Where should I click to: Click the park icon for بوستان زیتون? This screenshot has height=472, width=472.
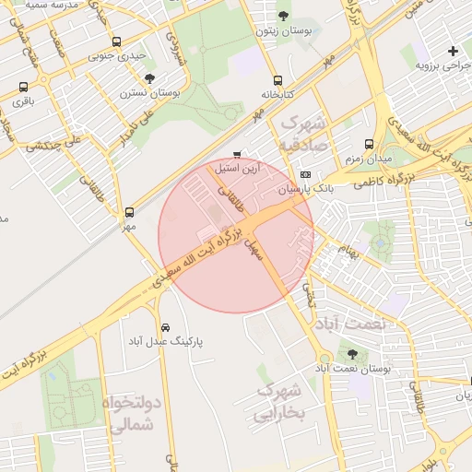click(x=283, y=16)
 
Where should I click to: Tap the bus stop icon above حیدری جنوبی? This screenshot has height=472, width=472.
click(x=116, y=42)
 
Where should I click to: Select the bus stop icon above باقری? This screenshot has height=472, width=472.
click(x=23, y=87)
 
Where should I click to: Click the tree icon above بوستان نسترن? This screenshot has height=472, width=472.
click(x=149, y=79)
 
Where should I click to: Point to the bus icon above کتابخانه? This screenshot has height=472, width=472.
click(x=278, y=79)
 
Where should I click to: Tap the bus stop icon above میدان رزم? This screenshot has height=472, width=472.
click(x=369, y=145)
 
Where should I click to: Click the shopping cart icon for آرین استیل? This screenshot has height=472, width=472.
click(x=237, y=154)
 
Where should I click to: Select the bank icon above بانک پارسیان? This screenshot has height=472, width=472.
click(x=305, y=174)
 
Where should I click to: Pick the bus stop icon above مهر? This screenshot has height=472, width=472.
click(x=129, y=212)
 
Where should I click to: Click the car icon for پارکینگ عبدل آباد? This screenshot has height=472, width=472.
click(x=165, y=327)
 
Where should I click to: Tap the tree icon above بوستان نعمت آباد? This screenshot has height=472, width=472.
click(x=352, y=353)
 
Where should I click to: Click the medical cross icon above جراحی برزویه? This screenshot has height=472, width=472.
click(x=452, y=51)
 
